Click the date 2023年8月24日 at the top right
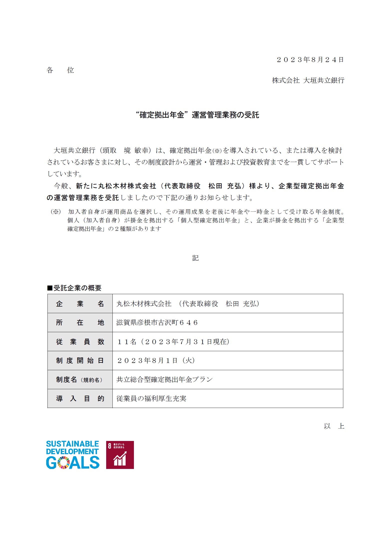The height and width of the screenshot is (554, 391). click(x=310, y=60)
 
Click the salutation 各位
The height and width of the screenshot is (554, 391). click(x=60, y=70)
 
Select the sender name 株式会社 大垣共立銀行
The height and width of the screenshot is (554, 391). click(x=308, y=80)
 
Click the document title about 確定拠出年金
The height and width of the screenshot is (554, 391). click(x=197, y=115)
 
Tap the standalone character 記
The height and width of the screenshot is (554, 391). click(x=195, y=258)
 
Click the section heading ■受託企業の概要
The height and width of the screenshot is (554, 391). click(x=74, y=288)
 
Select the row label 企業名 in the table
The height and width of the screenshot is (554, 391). click(x=80, y=304)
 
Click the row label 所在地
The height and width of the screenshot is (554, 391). click(x=80, y=323)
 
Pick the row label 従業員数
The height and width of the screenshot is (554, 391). click(x=80, y=342)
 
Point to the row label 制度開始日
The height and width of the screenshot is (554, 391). click(x=80, y=360)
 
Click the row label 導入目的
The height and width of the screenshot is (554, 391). click(x=80, y=398)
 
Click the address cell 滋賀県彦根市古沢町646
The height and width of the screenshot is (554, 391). click(x=157, y=323)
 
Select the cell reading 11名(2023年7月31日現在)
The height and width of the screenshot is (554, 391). click(x=173, y=342)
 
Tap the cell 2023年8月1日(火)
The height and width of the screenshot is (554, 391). click(x=156, y=360)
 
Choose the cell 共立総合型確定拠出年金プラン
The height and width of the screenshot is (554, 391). click(x=164, y=379)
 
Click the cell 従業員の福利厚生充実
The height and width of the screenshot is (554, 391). click(x=151, y=398)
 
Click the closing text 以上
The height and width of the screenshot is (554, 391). click(x=334, y=426)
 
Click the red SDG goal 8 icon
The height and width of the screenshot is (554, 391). click(x=120, y=455)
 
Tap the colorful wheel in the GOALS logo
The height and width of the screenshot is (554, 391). click(x=63, y=462)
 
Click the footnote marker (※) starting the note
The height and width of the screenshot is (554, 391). click(x=56, y=212)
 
